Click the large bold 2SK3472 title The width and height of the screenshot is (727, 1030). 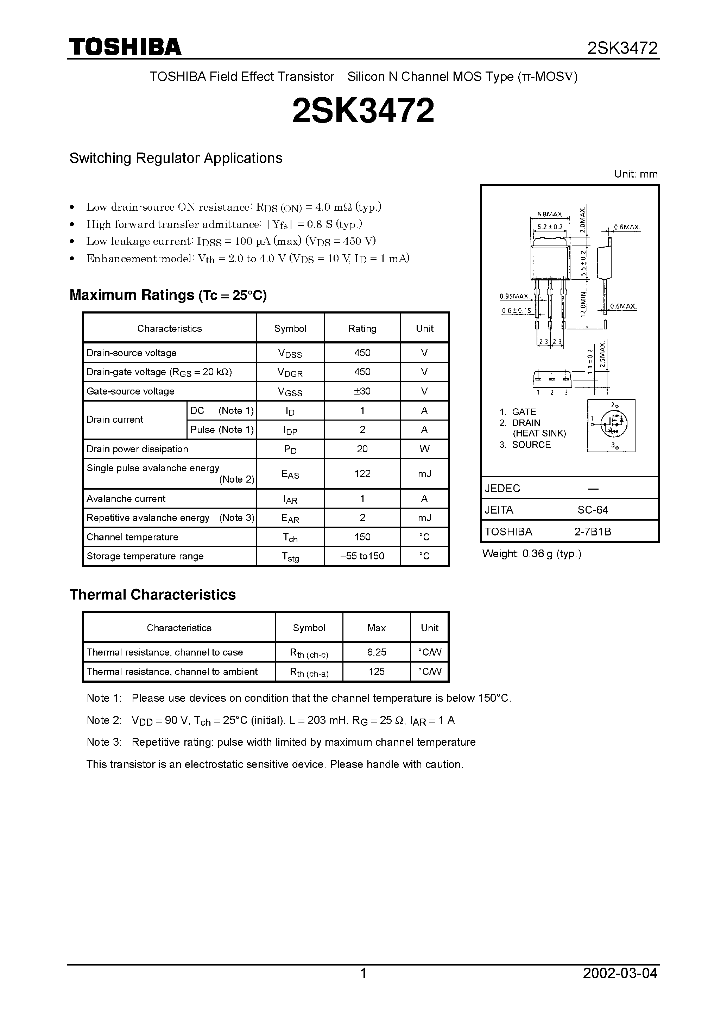click(x=363, y=111)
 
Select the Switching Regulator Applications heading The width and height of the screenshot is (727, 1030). click(x=176, y=159)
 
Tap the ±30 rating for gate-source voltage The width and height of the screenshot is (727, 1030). click(x=362, y=391)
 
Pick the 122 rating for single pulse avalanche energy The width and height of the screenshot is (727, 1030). click(x=362, y=474)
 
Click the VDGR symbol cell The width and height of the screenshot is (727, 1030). click(x=290, y=372)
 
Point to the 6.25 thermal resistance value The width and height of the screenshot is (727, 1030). click(x=377, y=652)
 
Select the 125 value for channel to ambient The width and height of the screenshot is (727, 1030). click(x=377, y=671)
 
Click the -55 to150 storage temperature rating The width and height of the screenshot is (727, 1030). click(x=362, y=556)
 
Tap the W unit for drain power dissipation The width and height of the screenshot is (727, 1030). click(x=424, y=449)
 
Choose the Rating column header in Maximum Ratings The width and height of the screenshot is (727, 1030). click(x=362, y=328)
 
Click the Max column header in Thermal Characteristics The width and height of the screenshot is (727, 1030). click(x=377, y=628)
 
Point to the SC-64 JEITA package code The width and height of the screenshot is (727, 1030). click(x=593, y=510)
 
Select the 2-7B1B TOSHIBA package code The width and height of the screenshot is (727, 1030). click(x=593, y=532)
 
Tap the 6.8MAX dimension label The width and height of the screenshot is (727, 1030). click(x=550, y=215)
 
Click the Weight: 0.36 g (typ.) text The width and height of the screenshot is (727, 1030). click(x=532, y=554)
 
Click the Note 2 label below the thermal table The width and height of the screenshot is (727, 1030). click(x=103, y=720)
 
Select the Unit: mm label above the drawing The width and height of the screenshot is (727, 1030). click(x=636, y=174)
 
